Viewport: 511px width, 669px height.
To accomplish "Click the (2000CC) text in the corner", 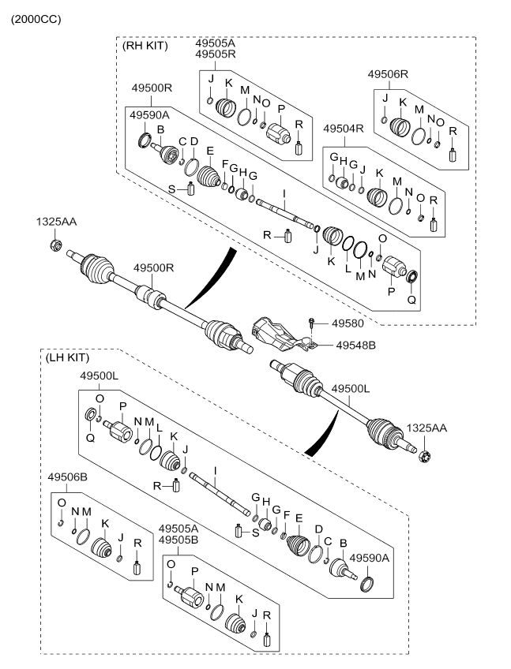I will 35,18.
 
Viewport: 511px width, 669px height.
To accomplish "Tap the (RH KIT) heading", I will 146,46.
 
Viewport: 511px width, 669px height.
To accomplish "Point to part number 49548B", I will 356,345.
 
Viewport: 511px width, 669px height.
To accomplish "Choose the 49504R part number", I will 343,129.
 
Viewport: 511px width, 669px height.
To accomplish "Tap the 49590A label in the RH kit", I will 150,115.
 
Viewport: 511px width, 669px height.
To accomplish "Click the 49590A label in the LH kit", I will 370,557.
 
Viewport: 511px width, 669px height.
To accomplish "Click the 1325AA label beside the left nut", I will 56,223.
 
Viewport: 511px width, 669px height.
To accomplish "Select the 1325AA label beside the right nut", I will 426,428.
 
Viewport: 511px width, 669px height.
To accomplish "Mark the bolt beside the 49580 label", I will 314,323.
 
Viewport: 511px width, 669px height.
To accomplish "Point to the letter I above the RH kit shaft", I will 284,193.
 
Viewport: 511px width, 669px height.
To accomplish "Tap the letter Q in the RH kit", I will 411,301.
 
